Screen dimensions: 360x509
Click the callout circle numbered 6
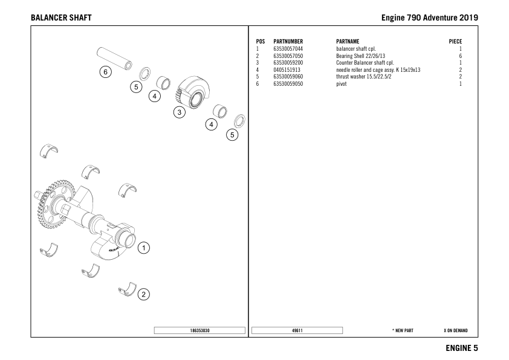coord(106,72)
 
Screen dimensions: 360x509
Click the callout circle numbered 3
coord(179,112)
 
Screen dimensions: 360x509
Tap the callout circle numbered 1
coord(144,248)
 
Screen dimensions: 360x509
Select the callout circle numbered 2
coord(144,295)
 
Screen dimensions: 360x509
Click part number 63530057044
coord(288,49)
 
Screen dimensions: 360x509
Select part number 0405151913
coord(287,70)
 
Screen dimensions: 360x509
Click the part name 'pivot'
coord(342,84)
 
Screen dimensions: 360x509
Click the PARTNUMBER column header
coord(288,42)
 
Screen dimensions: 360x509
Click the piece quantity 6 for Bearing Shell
coord(460,56)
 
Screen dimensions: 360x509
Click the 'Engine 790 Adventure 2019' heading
coord(430,17)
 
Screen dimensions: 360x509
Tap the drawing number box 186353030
coord(199,330)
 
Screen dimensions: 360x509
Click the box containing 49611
coord(297,330)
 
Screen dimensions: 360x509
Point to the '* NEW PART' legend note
coord(403,331)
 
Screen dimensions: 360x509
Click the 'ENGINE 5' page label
coord(462,348)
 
